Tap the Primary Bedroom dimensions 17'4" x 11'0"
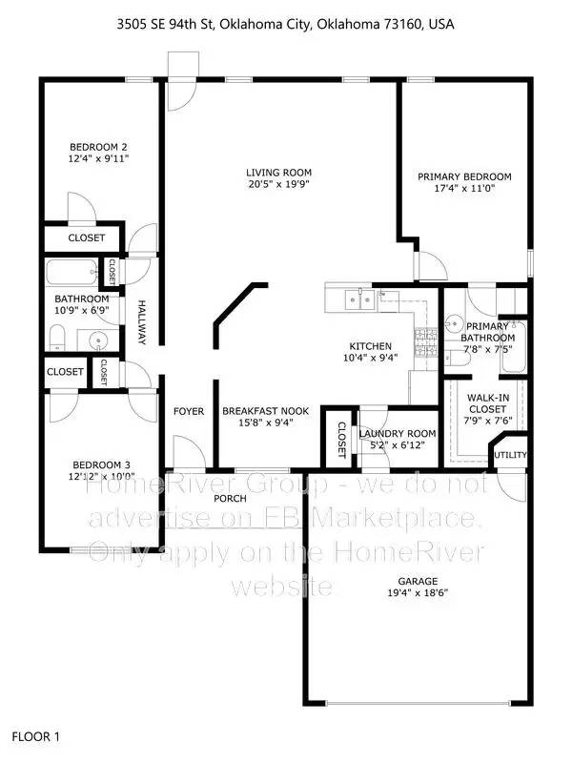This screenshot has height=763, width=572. [x=464, y=189]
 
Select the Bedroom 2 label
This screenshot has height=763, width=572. [x=98, y=147]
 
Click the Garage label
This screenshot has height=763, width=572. [x=418, y=581]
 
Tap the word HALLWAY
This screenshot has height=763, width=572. [x=141, y=322]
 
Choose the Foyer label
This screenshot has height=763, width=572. [x=189, y=411]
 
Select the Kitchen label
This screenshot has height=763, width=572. [x=370, y=345]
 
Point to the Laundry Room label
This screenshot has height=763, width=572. [x=398, y=434]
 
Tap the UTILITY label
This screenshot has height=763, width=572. [x=510, y=455]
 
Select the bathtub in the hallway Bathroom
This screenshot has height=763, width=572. [x=72, y=270]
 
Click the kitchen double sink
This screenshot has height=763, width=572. [x=359, y=301]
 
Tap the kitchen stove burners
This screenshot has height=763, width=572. [x=425, y=336]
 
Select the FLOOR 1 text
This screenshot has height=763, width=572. [x=35, y=736]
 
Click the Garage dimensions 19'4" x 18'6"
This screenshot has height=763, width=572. [x=418, y=593]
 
